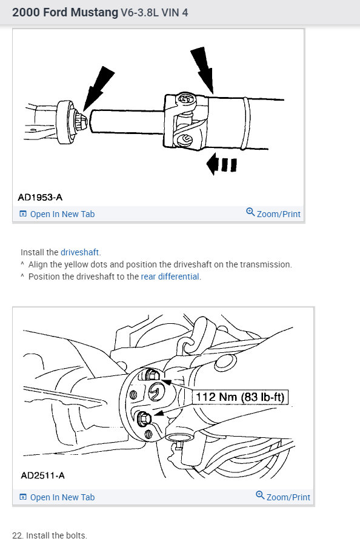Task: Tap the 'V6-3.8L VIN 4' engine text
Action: [154, 13]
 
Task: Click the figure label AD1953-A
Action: [40, 197]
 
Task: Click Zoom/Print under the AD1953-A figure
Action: [278, 214]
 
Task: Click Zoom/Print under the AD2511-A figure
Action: [288, 497]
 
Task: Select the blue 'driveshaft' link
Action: [80, 252]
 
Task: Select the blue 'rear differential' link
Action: [170, 277]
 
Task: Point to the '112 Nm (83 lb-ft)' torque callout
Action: [239, 397]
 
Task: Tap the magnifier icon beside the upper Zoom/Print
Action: [250, 212]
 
